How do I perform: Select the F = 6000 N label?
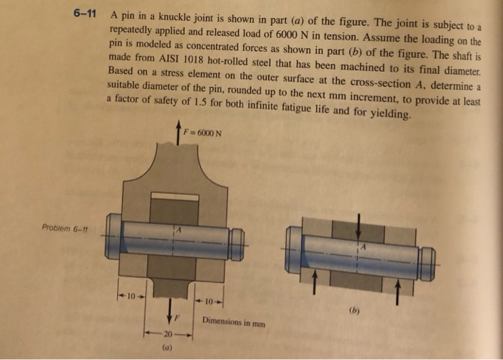coord(201,133)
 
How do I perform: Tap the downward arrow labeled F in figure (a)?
coord(170,308)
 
